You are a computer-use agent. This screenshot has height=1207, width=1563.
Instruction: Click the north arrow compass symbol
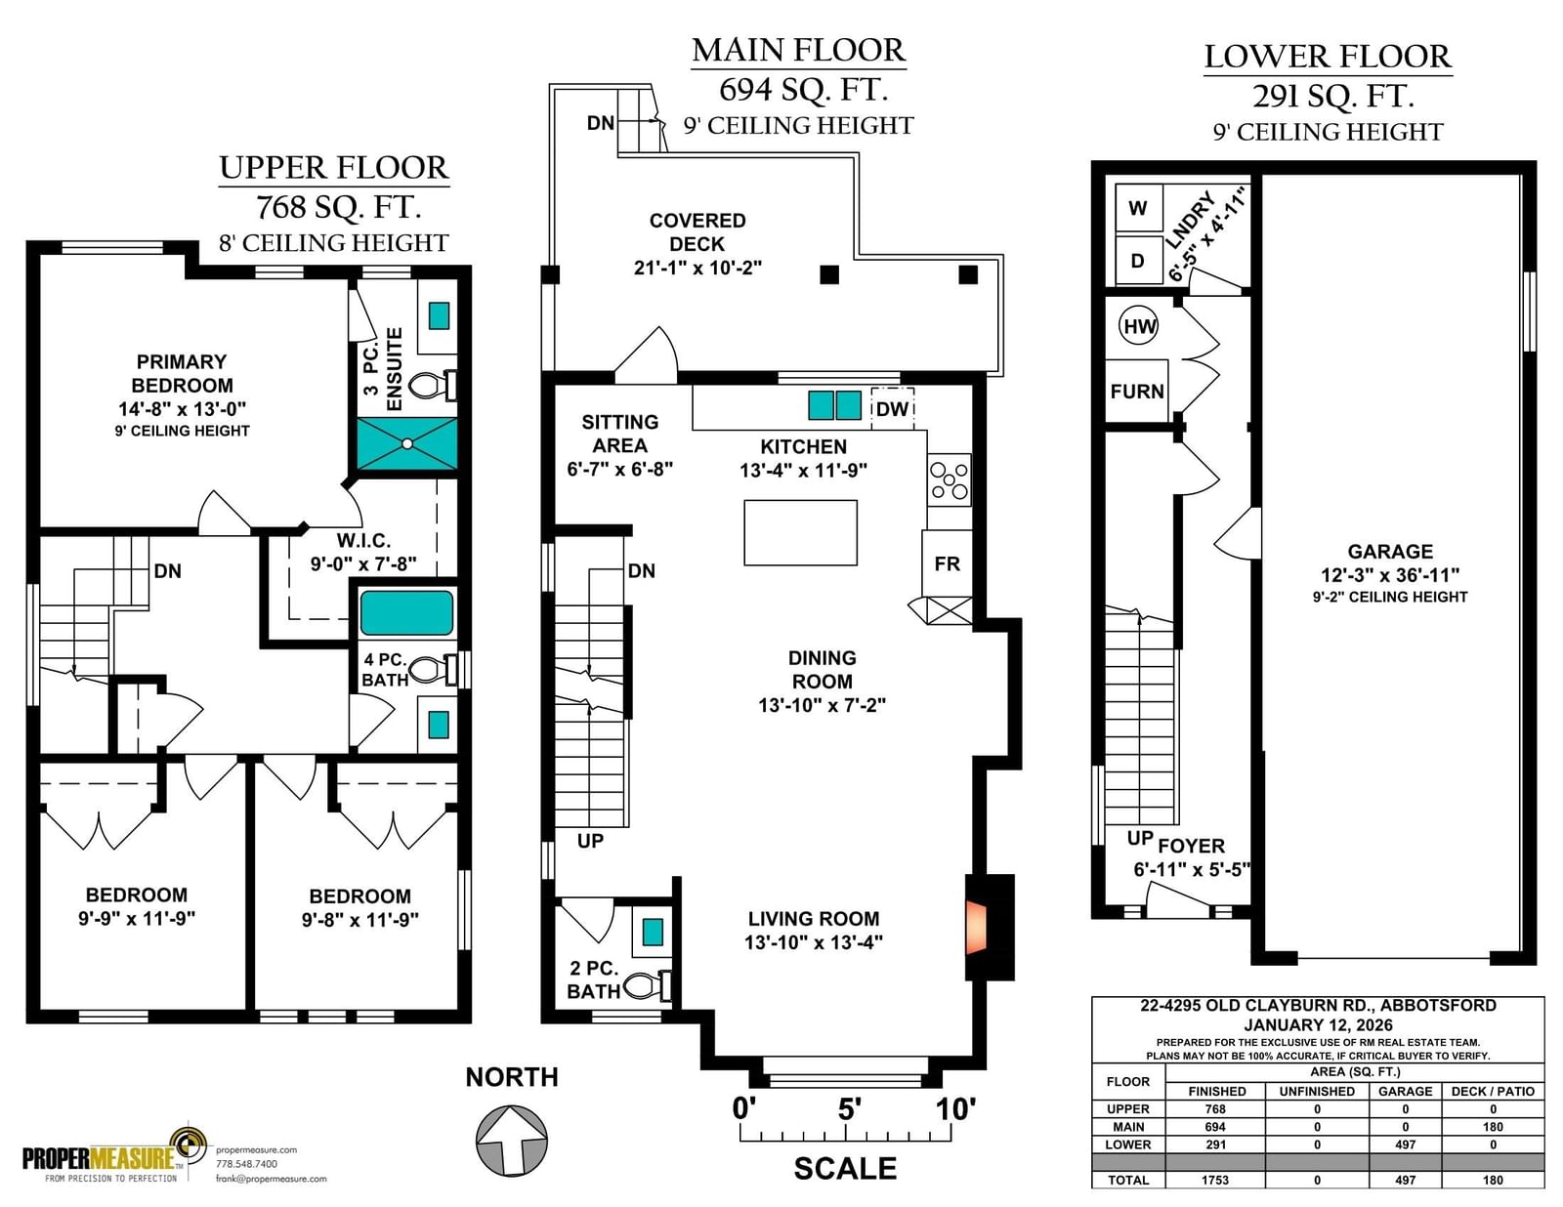[512, 1142]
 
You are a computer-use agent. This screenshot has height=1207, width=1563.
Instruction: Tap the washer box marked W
[1138, 208]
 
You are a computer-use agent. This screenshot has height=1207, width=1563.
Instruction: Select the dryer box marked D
[1138, 260]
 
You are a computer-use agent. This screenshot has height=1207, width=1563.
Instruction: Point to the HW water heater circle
[1139, 326]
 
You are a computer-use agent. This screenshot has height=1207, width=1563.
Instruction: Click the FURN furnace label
[1136, 391]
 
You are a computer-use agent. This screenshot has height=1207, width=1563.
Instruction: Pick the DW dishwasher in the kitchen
[893, 408]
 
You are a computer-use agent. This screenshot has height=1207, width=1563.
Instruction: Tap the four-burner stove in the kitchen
[949, 480]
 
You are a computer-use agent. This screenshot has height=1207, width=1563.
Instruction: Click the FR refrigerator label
[947, 563]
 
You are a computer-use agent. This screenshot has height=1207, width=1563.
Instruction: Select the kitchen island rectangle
[801, 532]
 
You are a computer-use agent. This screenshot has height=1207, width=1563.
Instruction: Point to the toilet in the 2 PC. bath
[648, 985]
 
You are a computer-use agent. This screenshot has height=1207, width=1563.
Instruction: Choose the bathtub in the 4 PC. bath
[406, 613]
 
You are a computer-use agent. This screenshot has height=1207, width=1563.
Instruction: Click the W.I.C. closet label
[364, 541]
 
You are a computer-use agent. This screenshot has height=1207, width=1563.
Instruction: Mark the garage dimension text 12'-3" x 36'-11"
[1390, 575]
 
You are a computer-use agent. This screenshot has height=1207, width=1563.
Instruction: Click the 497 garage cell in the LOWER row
[1405, 1145]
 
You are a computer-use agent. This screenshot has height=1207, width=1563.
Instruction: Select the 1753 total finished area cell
[1215, 1180]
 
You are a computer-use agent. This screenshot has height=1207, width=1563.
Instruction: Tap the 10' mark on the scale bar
[954, 1109]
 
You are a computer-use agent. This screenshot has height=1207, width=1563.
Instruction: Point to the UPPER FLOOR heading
[334, 168]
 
